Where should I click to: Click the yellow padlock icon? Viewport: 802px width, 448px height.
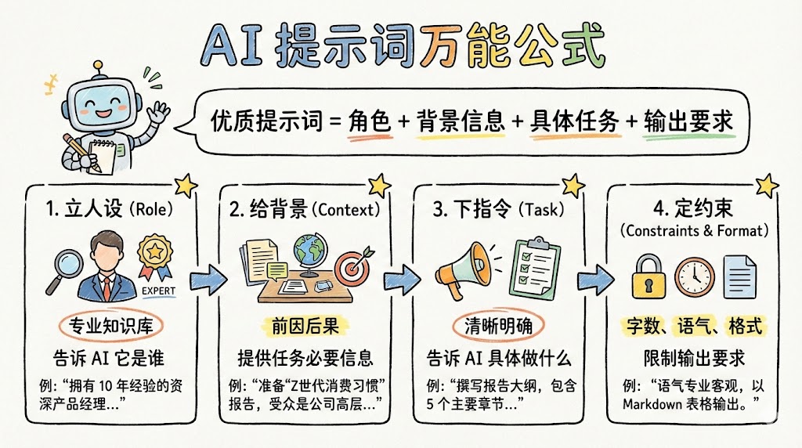tap(649, 274)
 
